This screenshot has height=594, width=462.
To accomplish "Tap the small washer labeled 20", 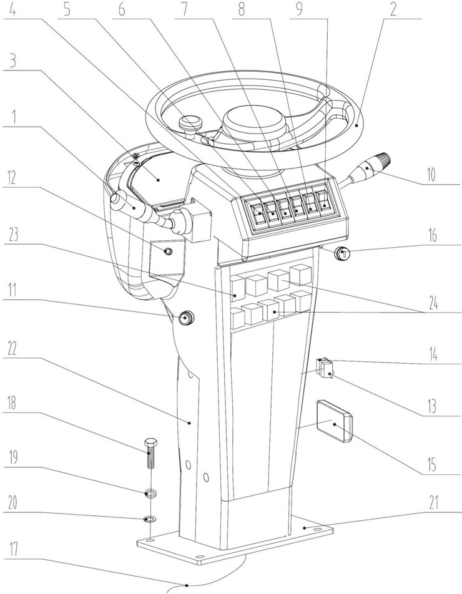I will (149, 519).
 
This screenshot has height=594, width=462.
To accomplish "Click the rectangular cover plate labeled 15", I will (333, 422).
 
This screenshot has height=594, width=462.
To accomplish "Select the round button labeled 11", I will (185, 319).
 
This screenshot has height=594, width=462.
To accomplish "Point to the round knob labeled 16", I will (342, 253).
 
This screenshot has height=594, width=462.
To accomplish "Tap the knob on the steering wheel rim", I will (188, 124).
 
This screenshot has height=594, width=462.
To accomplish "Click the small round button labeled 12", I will (167, 251).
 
